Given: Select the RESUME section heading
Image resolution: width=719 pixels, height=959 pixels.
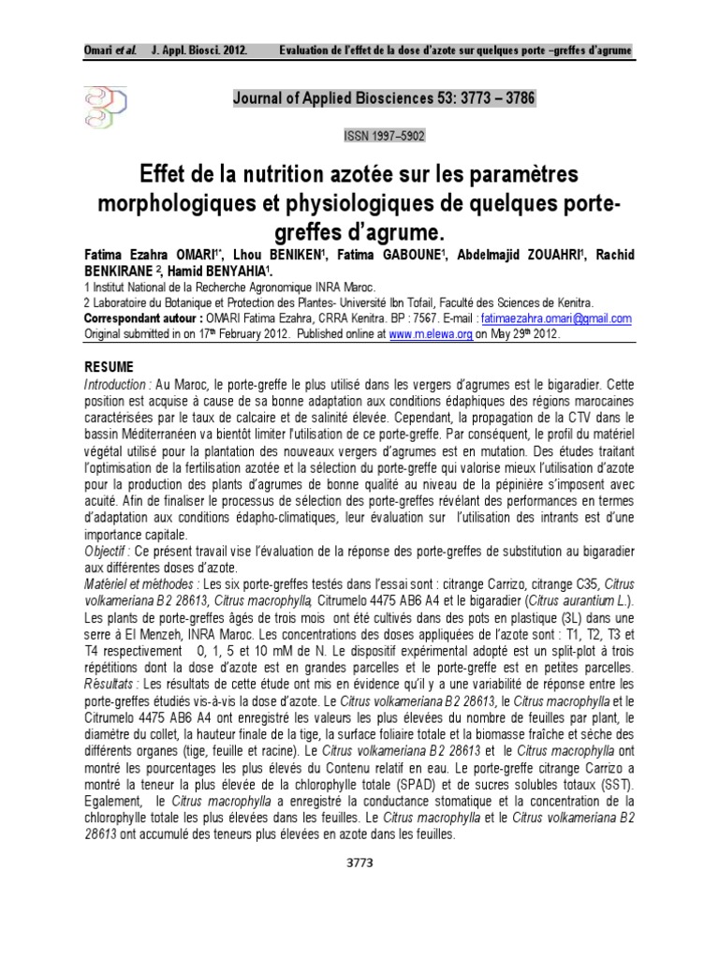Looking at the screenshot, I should (110, 365).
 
